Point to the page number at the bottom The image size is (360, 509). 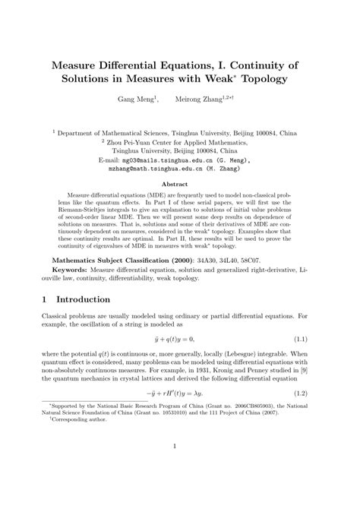pos(180,489)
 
